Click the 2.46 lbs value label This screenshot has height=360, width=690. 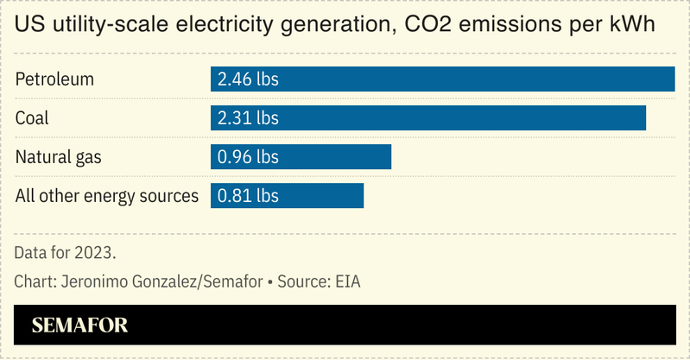coord(248,79)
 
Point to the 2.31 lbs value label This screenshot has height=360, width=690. coord(248,118)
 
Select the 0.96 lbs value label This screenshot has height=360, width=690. coord(248,157)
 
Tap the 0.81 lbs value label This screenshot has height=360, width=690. coord(248,196)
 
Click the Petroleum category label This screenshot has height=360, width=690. coord(54,79)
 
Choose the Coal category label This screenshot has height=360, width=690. coord(32,118)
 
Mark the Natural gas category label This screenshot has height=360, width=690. coord(59,157)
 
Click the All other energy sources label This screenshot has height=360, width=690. coord(107,196)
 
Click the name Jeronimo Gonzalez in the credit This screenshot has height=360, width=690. coord(120,282)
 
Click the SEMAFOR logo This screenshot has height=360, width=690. coord(79,325)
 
